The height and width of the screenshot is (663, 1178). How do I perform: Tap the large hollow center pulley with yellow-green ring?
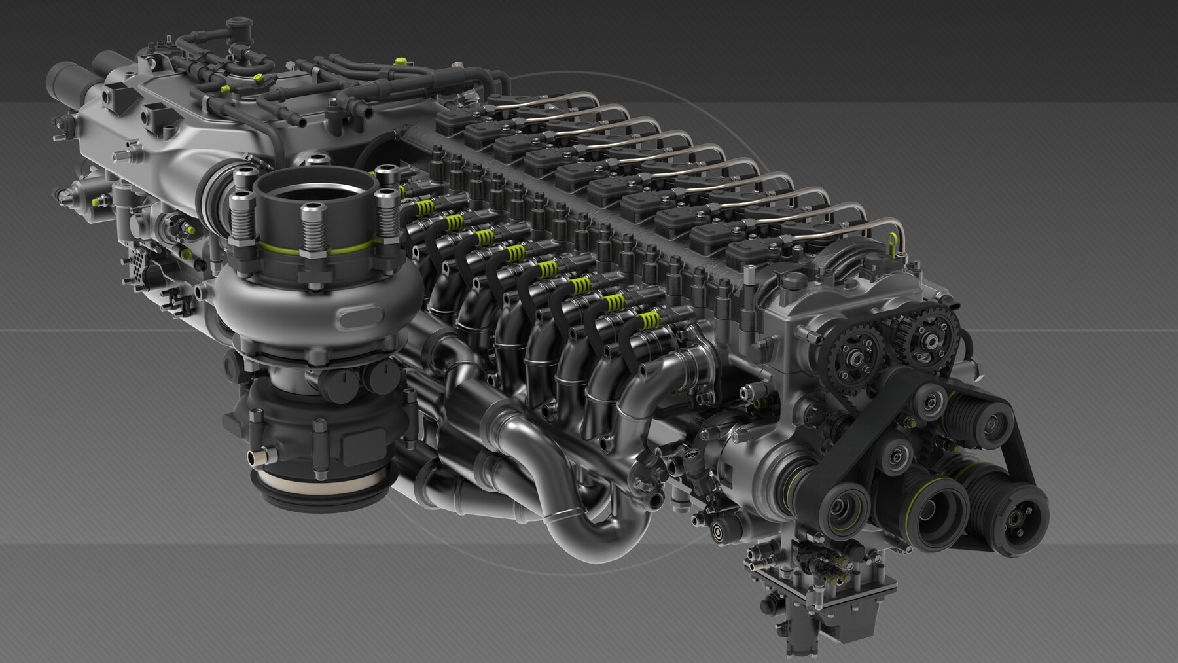click(x=937, y=508)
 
